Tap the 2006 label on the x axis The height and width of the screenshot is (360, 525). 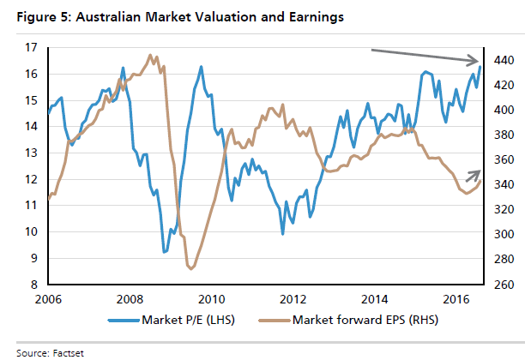point(48,300)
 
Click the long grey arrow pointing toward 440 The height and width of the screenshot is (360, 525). point(425,56)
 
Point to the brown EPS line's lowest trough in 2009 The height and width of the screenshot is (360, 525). point(190,268)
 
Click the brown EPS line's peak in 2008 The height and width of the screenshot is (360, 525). point(151,56)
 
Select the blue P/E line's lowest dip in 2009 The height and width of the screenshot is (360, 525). point(165,252)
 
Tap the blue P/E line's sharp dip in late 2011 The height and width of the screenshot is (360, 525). point(282,233)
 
